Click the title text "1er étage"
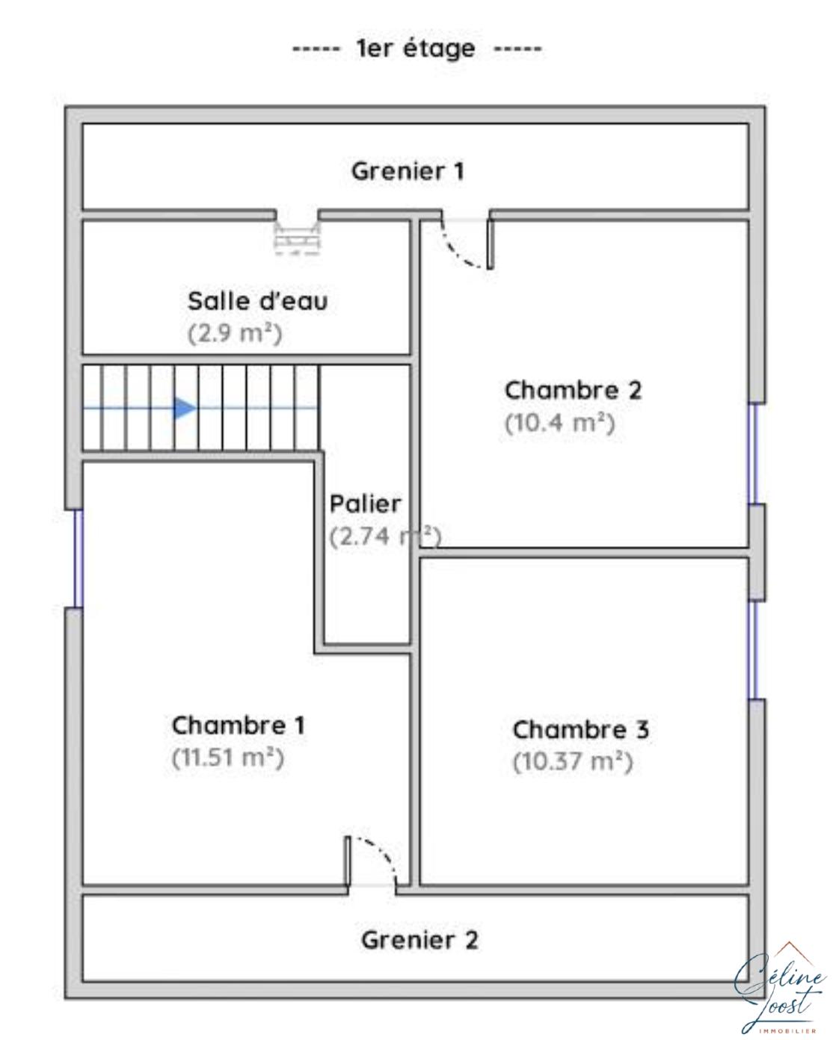click(x=416, y=49)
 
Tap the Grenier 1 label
click(x=408, y=171)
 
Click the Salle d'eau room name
click(x=258, y=300)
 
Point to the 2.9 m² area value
click(x=235, y=333)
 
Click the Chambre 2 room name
click(x=573, y=390)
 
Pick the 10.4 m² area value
click(x=560, y=423)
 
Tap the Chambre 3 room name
click(x=580, y=729)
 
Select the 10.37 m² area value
click(x=573, y=762)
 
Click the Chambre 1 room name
click(x=239, y=725)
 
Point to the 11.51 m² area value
click(x=228, y=758)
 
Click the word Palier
click(x=365, y=504)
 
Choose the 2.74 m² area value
click(x=385, y=536)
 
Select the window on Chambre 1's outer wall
click(x=79, y=559)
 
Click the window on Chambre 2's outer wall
click(x=753, y=454)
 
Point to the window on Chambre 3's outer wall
click(x=753, y=650)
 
